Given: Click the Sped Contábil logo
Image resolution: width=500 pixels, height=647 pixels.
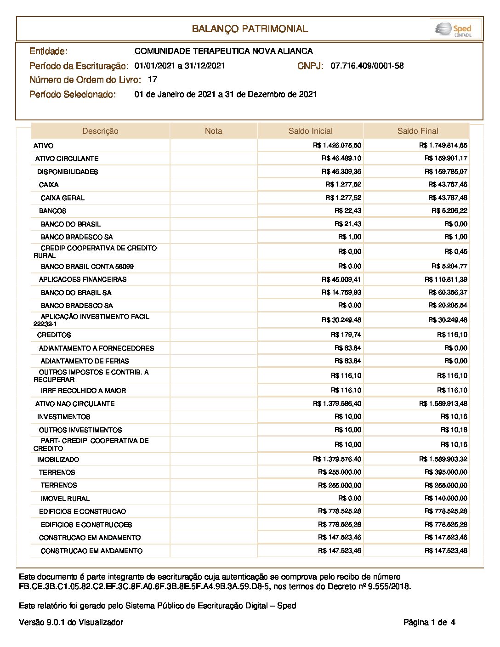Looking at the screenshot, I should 454,29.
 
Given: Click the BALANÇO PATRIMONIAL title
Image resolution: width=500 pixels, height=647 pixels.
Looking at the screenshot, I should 250,29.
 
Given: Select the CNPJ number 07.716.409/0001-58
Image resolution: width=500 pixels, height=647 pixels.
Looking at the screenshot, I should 367,66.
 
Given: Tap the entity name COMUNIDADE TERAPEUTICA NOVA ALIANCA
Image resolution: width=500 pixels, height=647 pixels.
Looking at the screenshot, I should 223,51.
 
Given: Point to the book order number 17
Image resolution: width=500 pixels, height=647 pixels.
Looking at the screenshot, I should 153,79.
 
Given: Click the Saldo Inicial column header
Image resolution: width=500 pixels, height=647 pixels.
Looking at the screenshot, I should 310,131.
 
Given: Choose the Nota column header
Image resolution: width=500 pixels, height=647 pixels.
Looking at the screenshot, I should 213,131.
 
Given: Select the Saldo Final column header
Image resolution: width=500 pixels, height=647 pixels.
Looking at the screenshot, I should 417,131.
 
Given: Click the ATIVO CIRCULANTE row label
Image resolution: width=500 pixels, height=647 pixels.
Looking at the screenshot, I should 67,159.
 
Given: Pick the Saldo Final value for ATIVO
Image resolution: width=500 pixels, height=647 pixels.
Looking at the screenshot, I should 443,145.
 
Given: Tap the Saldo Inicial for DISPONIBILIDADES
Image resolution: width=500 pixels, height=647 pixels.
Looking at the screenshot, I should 341,171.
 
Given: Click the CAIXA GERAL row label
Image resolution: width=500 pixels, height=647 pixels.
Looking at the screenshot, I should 62,198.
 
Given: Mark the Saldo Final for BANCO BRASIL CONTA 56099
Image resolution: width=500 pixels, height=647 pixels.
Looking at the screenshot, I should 449,266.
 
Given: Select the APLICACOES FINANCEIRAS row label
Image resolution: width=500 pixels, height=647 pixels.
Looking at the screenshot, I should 83,279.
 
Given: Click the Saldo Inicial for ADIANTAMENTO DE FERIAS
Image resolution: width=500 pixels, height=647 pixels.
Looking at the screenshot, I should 347,361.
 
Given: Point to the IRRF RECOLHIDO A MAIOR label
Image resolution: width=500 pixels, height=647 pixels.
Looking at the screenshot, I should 83,391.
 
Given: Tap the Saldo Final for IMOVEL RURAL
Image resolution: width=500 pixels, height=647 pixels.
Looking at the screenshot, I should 446,498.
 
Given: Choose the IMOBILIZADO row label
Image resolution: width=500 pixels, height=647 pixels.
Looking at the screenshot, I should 58,460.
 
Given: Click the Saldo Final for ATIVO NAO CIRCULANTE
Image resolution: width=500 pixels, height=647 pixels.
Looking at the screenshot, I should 443,403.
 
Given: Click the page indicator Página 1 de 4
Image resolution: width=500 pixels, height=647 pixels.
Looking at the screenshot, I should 429,623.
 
